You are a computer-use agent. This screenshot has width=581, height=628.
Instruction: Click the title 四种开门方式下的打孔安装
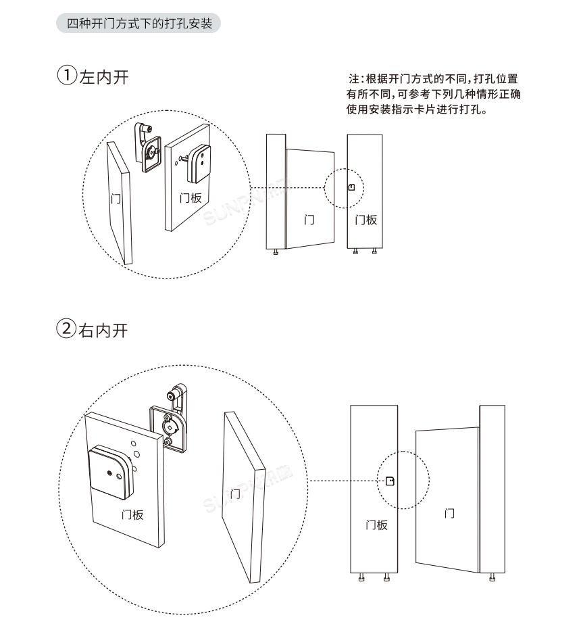138,24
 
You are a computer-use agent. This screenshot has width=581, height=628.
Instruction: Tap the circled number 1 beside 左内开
66,76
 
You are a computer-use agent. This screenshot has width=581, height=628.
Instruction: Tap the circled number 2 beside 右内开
66,331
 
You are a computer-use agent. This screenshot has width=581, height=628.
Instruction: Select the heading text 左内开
104,77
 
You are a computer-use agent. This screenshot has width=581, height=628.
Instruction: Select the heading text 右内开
104,331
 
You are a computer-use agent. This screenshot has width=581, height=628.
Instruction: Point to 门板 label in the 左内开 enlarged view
191,198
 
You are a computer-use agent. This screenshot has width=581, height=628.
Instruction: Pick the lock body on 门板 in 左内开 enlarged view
199,164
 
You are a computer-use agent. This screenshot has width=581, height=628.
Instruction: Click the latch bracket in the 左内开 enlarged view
149,146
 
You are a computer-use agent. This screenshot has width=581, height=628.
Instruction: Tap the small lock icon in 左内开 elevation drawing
351,187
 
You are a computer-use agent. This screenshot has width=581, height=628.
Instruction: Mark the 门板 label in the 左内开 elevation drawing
365,220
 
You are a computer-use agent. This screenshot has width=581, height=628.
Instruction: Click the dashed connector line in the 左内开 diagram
287,187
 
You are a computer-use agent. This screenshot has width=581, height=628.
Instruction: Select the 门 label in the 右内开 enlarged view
235,494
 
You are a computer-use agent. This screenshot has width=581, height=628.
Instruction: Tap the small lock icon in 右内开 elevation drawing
389,481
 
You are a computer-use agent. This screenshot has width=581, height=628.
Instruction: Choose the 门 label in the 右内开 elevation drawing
449,514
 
